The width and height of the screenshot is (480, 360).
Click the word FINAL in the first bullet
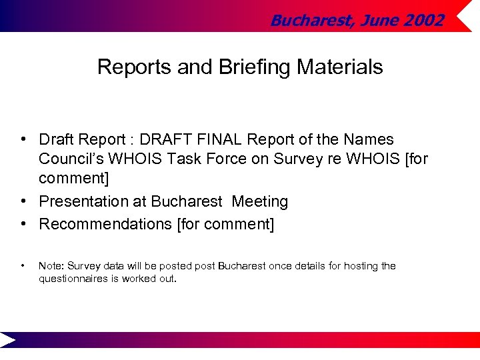[219, 139]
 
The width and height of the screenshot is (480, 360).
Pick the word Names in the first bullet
[369, 139]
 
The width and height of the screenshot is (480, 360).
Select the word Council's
[73, 159]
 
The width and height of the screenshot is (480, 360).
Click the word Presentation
[93, 201]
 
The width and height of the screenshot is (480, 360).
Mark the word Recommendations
[105, 224]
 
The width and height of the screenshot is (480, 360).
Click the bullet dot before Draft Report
[23, 139]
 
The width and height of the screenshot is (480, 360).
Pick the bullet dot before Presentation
[23, 201]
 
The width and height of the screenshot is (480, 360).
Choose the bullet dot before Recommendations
[23, 224]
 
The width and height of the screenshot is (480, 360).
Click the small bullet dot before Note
[23, 266]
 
